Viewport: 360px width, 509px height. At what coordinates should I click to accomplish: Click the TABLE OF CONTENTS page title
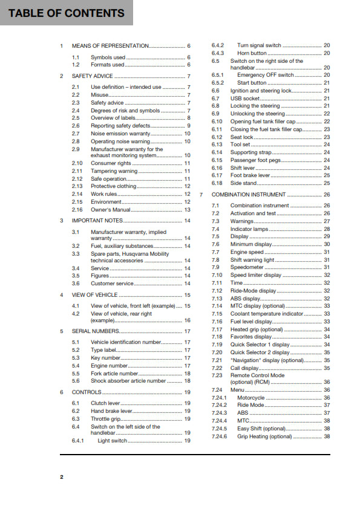pyautogui.click(x=66, y=13)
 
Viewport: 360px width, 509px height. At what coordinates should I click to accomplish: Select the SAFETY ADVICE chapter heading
pyautogui.click(x=92, y=76)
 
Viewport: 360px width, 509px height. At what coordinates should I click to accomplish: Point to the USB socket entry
pyautogui.click(x=245, y=98)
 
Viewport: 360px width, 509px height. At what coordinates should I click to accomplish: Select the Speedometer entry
pyautogui.click(x=247, y=267)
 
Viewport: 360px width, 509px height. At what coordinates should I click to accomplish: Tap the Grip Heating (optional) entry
pyautogui.click(x=264, y=436)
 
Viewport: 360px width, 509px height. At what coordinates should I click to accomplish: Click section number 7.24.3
pyautogui.click(x=219, y=413)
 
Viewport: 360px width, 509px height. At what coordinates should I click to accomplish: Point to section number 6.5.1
pyautogui.click(x=218, y=75)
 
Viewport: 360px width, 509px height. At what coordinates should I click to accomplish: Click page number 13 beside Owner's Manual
pyautogui.click(x=188, y=210)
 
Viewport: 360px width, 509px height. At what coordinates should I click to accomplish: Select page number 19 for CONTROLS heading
pyautogui.click(x=188, y=392)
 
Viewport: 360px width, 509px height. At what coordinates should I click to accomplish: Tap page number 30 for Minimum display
pyautogui.click(x=327, y=244)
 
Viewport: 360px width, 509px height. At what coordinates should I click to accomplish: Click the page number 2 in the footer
pyautogui.click(x=61, y=478)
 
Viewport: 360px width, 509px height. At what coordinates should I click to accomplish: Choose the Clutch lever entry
pyautogui.click(x=106, y=403)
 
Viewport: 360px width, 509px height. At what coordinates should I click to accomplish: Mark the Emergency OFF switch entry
pyautogui.click(x=266, y=75)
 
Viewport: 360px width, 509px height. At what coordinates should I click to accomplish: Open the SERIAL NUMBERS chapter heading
pyautogui.click(x=96, y=331)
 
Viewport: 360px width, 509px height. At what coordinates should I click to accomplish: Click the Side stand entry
pyautogui.click(x=244, y=183)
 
